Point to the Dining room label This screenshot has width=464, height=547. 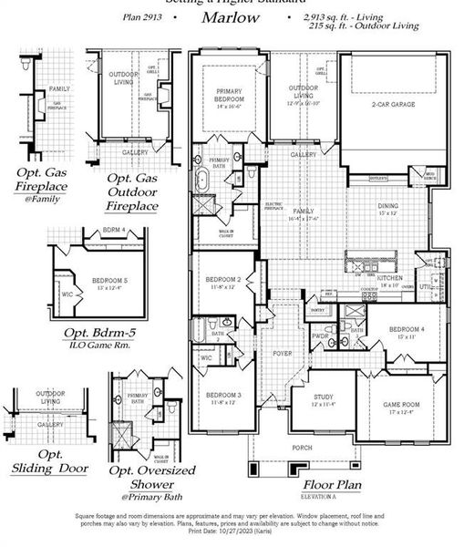pos(388,205)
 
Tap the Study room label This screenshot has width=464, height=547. pos(324,397)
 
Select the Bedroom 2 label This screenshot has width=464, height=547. pos(223,279)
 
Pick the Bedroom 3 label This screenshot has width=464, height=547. pos(223,395)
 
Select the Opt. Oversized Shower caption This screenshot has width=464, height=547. pos(151,477)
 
